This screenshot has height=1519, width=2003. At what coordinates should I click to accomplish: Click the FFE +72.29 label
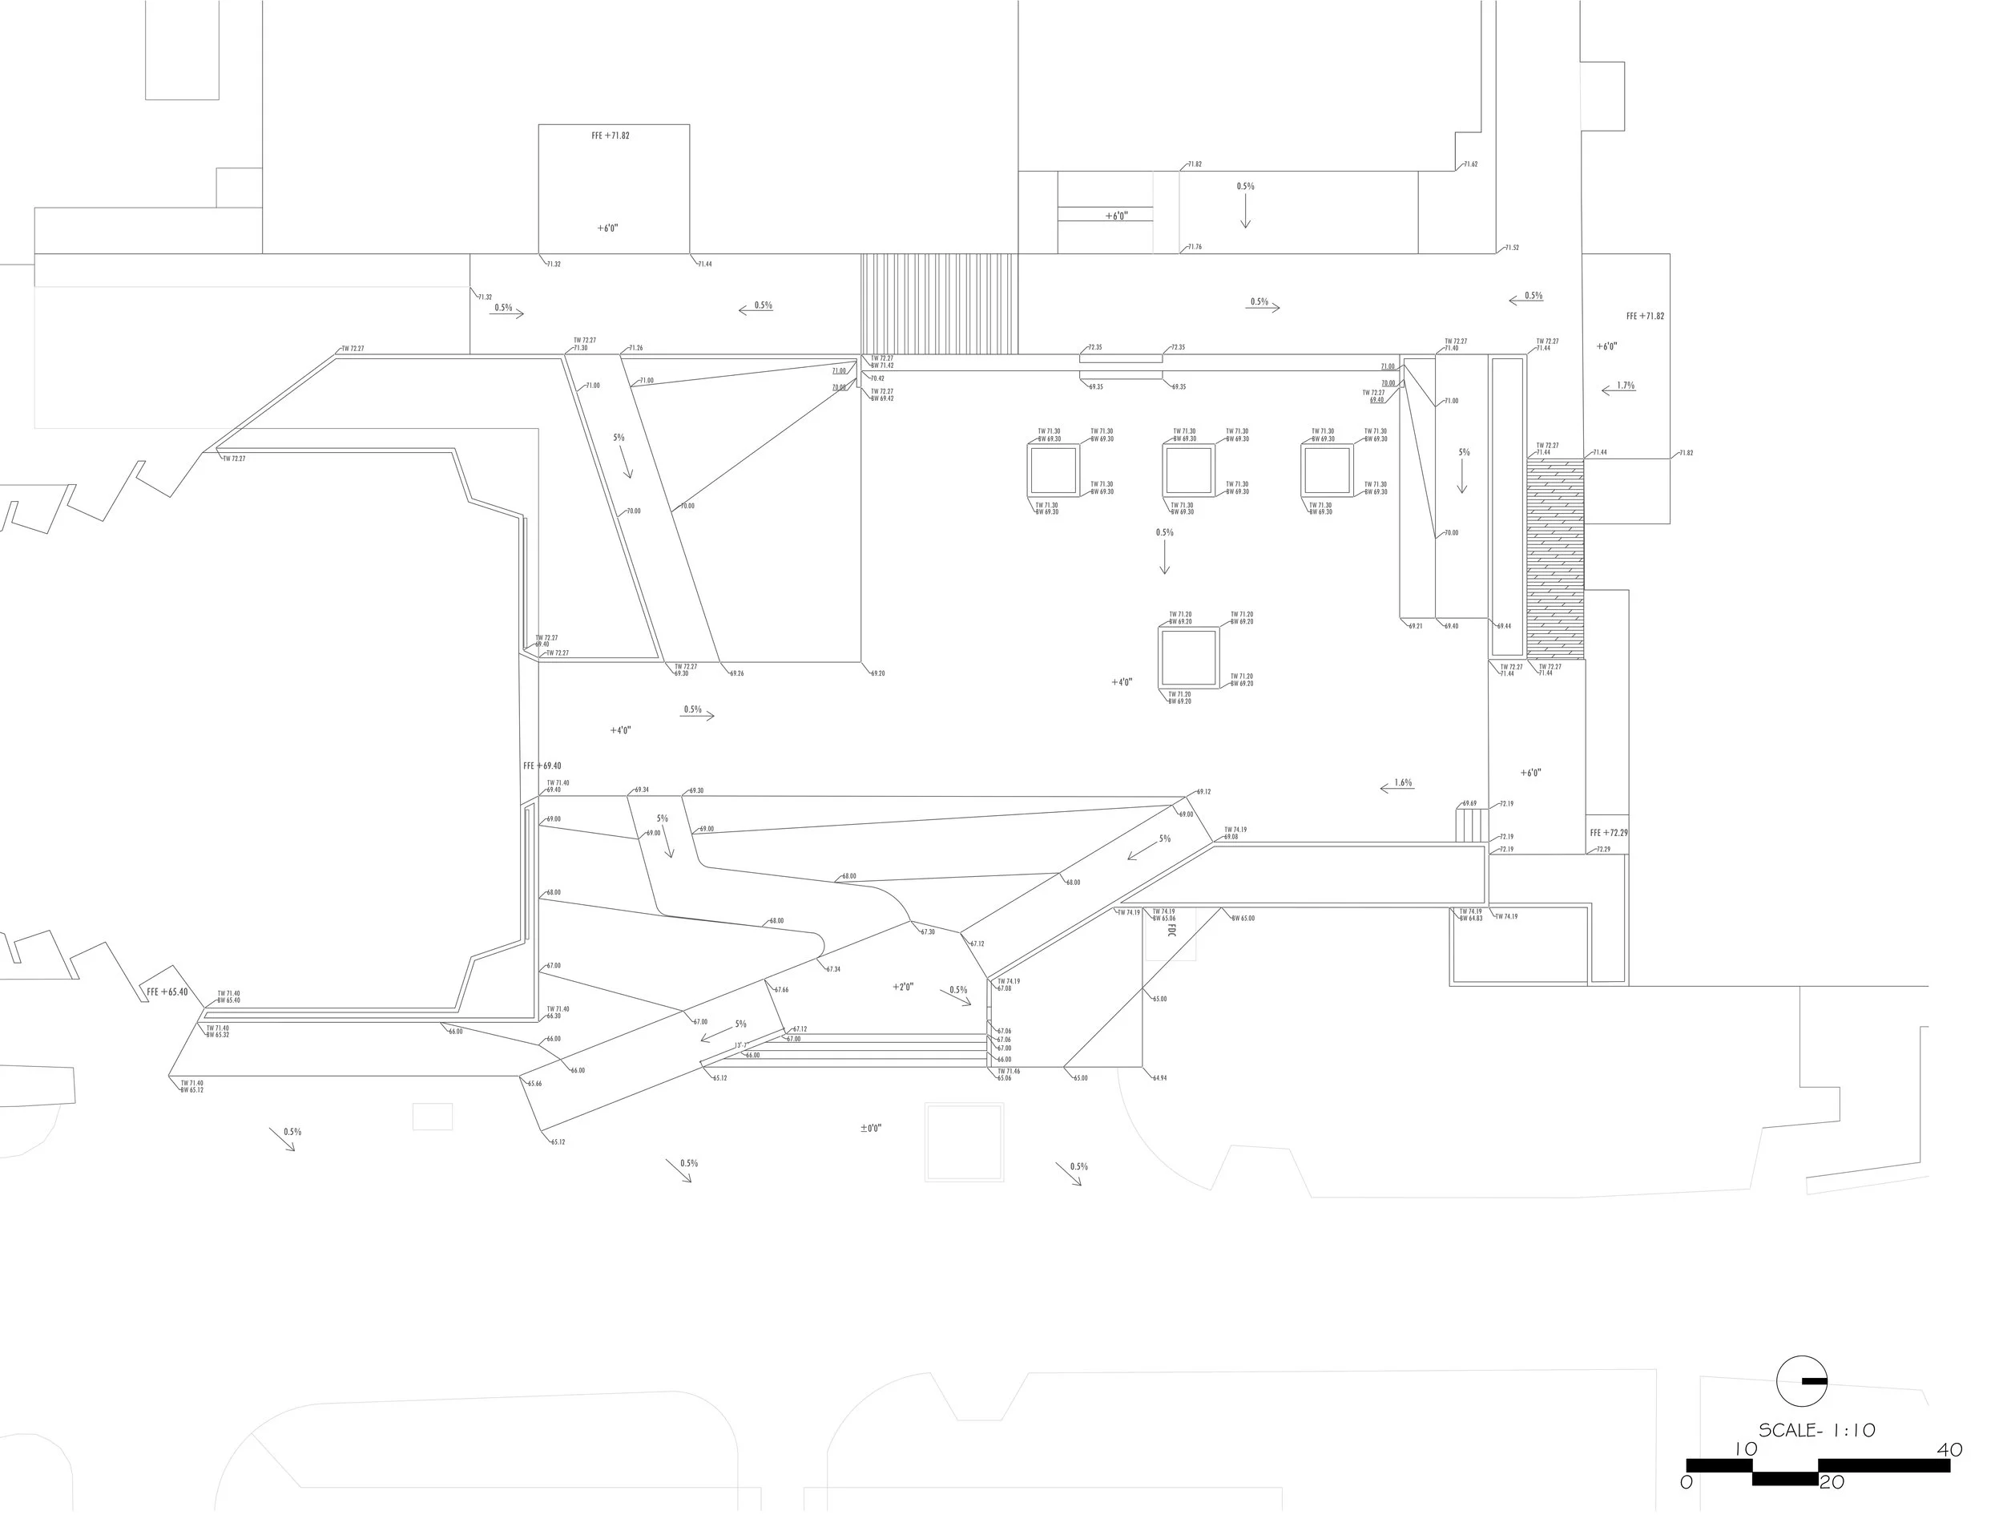pos(1608,832)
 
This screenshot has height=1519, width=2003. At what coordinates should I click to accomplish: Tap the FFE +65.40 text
pos(167,992)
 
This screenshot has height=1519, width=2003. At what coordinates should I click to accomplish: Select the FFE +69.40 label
pos(542,766)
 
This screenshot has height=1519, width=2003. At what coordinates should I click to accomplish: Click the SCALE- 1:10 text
pos(1816,1430)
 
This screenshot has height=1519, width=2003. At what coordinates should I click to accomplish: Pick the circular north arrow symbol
pos(1801,1381)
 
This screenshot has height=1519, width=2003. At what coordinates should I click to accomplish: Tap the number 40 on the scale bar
pos(1949,1449)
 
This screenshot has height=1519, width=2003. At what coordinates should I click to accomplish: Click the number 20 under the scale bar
pos(1831,1483)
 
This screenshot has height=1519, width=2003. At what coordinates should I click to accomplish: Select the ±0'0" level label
pos(870,1129)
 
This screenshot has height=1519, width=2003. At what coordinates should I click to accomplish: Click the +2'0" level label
pos(903,987)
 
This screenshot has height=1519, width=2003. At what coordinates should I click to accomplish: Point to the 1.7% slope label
pos(1626,385)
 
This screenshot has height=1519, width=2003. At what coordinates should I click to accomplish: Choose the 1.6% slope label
pos(1403,782)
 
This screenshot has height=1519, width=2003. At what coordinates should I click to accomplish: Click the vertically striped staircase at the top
pos(938,304)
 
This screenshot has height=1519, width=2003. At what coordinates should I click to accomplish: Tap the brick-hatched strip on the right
pos(1555,558)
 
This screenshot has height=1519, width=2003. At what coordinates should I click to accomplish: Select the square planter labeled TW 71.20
pos(1188,657)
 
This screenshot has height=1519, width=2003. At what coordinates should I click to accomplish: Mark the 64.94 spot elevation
pos(1159,1078)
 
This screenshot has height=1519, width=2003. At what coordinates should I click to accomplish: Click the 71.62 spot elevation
pos(1470,165)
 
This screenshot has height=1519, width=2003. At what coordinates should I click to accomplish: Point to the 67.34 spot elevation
pos(833,969)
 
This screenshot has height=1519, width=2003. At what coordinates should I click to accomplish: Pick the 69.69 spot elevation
pos(1469,803)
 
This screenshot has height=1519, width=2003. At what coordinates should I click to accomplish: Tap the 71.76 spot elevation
pos(1195,247)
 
